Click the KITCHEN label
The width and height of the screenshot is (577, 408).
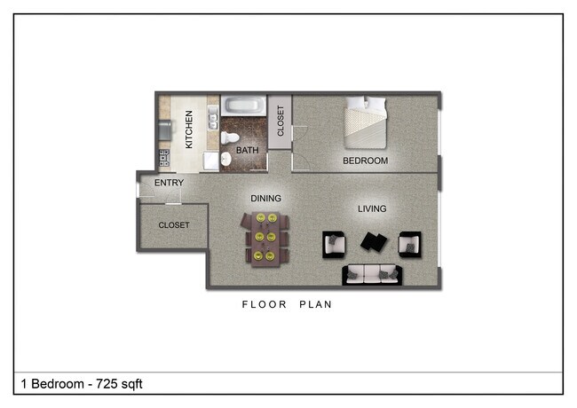point(188,129)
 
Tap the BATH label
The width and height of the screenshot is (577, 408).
point(247,151)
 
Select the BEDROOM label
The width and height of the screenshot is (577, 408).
point(366,161)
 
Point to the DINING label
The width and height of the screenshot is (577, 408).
point(265,199)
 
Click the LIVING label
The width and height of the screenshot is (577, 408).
point(372,209)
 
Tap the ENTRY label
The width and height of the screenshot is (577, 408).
point(169,184)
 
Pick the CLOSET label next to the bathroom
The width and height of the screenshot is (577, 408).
point(281,121)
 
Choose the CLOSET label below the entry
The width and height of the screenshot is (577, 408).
point(174,225)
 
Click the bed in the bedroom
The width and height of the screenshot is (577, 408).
point(367,122)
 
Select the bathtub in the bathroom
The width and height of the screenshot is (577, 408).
point(243,106)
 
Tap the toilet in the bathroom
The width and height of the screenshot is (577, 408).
point(229,137)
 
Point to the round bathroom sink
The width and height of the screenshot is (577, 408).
point(225,159)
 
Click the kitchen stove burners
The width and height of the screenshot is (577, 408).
point(164,159)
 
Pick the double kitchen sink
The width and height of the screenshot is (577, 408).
point(212,118)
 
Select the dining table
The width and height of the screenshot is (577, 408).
point(265,237)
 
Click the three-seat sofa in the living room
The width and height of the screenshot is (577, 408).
point(373,275)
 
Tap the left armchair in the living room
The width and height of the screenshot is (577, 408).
point(334,243)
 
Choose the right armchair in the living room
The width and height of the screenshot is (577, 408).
point(410,243)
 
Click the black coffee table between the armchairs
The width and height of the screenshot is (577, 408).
point(373,240)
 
